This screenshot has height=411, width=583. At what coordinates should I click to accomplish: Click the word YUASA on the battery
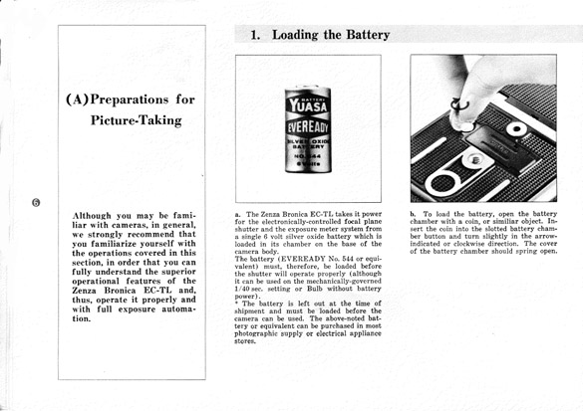point(308,106)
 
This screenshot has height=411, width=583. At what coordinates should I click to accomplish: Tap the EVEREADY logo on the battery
point(308,128)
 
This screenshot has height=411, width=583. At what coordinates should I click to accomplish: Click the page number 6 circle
point(36,202)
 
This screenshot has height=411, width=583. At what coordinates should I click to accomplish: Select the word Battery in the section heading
point(368,35)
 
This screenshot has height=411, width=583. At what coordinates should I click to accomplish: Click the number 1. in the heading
point(255,35)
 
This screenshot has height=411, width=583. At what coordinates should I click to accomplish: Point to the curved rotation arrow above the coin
point(459,104)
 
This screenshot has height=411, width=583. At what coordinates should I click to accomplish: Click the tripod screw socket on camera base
point(474,160)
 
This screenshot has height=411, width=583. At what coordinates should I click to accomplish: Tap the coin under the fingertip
point(465,127)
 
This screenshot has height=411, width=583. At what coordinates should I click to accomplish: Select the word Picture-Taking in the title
point(137,120)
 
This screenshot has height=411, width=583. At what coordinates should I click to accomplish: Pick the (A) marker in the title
point(78,100)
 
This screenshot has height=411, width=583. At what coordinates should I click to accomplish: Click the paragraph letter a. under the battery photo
point(237,214)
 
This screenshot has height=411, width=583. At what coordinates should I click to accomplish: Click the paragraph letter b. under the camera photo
point(413,214)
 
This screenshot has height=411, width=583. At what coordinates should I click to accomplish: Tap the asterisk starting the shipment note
point(236,304)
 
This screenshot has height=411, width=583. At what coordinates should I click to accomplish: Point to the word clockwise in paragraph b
point(467,244)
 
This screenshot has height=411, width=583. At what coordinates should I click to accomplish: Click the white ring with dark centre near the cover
point(516,129)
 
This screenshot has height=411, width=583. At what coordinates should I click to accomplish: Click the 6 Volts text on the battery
point(309,164)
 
